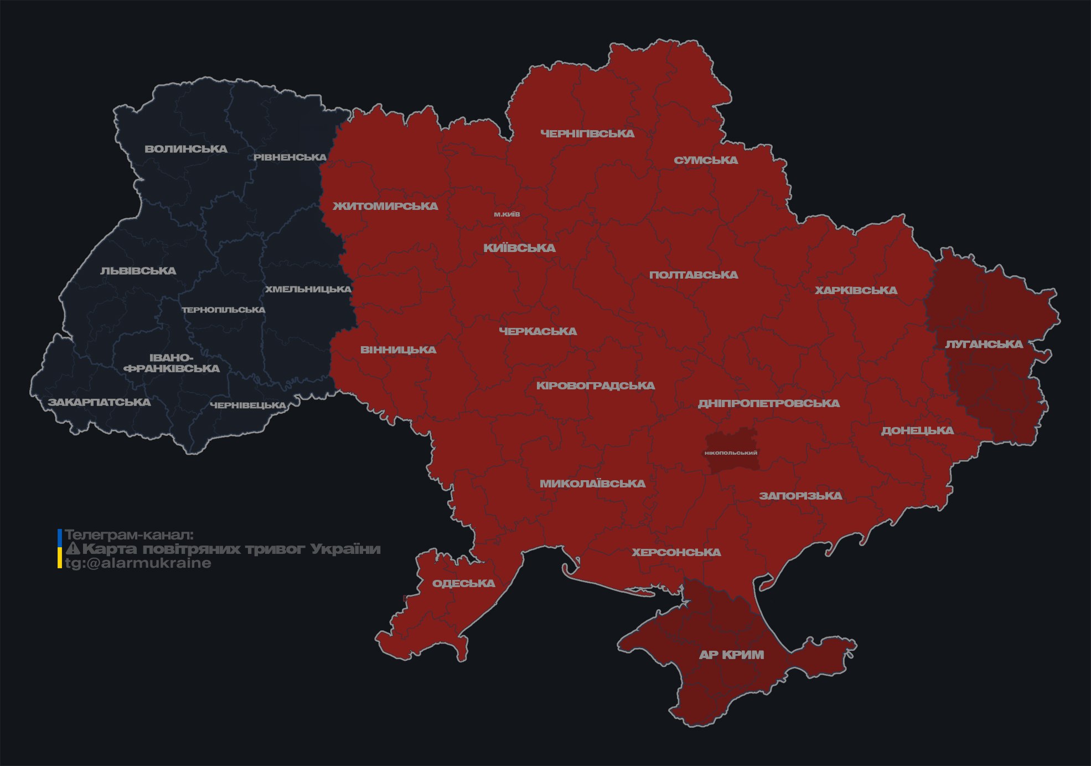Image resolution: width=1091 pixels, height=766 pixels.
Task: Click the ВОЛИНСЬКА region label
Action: pyautogui.click(x=186, y=149)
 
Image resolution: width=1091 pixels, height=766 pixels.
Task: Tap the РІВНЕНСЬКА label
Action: pyautogui.click(x=290, y=157)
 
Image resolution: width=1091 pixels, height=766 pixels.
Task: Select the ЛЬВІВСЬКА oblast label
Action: pyautogui.click(x=138, y=271)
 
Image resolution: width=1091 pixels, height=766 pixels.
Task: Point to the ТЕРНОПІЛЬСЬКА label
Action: pyautogui.click(x=224, y=310)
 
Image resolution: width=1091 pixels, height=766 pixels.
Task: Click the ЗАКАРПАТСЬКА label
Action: pyautogui.click(x=99, y=402)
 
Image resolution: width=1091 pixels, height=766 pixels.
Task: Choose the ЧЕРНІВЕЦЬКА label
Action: pyautogui.click(x=248, y=405)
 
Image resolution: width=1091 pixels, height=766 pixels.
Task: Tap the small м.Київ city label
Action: pyautogui.click(x=507, y=214)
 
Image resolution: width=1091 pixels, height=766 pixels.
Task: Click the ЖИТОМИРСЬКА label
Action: pyautogui.click(x=385, y=206)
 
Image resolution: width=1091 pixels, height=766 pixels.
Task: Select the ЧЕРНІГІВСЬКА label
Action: pyautogui.click(x=587, y=133)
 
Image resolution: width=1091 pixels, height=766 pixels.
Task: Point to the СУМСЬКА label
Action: pyautogui.click(x=706, y=160)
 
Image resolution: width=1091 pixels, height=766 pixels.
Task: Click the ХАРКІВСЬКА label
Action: pyautogui.click(x=856, y=290)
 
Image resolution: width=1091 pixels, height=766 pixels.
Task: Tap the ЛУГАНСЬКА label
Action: pyautogui.click(x=984, y=344)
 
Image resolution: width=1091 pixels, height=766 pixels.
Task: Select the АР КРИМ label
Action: pyautogui.click(x=731, y=655)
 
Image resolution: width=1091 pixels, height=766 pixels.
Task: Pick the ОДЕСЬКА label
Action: pyautogui.click(x=463, y=583)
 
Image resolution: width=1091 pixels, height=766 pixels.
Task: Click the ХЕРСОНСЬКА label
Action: pyautogui.click(x=676, y=552)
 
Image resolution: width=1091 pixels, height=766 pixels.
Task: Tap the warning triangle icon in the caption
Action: pyautogui.click(x=73, y=549)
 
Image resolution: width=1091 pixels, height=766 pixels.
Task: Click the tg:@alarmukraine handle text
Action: pyautogui.click(x=138, y=563)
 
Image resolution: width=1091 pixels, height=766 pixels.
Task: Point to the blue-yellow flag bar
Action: pyautogui.click(x=60, y=549)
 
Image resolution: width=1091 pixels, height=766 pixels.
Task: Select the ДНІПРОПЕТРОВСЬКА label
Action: pyautogui.click(x=768, y=403)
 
